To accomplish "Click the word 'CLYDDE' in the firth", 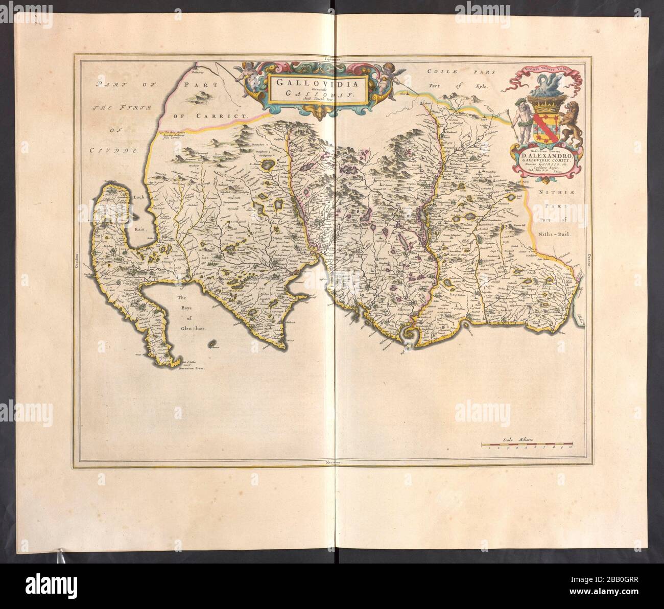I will coord(114,151).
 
